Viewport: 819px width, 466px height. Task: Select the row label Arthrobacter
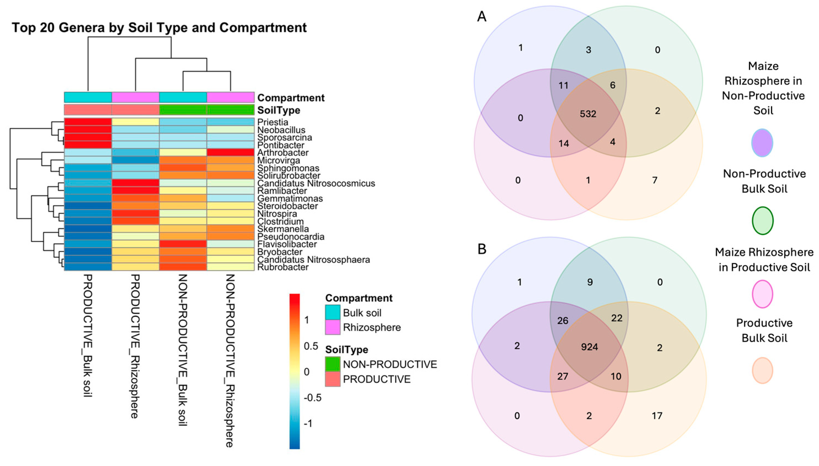click(x=283, y=153)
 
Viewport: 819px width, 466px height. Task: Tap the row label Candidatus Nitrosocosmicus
click(x=316, y=183)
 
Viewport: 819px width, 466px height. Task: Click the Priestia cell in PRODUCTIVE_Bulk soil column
click(x=88, y=122)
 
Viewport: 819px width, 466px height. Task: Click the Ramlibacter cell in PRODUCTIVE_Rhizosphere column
click(x=135, y=191)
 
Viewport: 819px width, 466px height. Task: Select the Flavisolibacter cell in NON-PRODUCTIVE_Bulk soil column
click(x=183, y=244)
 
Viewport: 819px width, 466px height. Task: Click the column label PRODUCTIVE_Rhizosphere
click(x=135, y=346)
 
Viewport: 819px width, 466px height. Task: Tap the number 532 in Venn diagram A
click(x=588, y=114)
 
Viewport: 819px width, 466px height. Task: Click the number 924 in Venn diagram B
click(x=589, y=347)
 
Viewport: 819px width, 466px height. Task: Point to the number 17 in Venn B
click(x=657, y=416)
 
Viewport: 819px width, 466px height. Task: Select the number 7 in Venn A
click(x=655, y=180)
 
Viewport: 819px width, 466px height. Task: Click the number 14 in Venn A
click(x=564, y=143)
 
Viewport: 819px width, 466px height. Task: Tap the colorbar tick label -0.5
click(x=312, y=398)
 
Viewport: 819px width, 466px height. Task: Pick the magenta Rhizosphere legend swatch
click(x=332, y=328)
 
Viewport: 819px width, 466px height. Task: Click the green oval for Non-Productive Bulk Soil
click(x=763, y=221)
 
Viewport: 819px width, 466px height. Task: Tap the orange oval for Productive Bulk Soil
click(x=763, y=371)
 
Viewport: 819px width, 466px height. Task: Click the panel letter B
click(x=482, y=249)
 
